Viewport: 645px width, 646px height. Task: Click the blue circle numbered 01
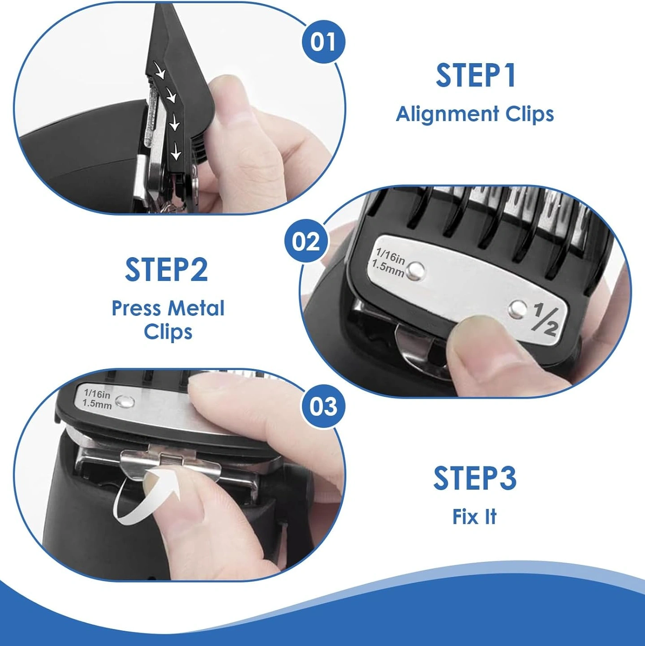click(323, 42)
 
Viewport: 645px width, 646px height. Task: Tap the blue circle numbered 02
click(306, 241)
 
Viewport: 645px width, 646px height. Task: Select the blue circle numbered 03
click(323, 407)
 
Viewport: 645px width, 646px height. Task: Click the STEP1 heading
click(475, 76)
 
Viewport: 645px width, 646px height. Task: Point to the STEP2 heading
click(167, 270)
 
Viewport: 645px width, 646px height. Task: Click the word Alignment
click(447, 115)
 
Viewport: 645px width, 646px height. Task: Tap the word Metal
click(196, 308)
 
